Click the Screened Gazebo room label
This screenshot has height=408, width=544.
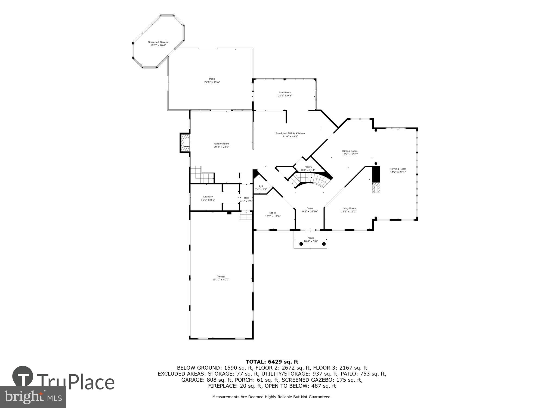click(x=158, y=42)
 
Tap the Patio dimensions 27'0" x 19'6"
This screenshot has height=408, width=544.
click(x=212, y=82)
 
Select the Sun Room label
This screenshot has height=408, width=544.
click(x=285, y=92)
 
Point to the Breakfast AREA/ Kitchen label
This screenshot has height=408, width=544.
click(x=290, y=133)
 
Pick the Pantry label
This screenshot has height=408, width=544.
click(x=308, y=167)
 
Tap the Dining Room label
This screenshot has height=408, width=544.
click(x=350, y=151)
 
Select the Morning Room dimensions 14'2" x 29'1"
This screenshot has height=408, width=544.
click(x=398, y=172)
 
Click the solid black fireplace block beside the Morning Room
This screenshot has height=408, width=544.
click(x=376, y=174)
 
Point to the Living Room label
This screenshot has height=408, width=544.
click(x=349, y=208)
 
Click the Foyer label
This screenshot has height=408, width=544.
click(x=310, y=208)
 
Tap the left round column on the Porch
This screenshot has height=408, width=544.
click(x=301, y=244)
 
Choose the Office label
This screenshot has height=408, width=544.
click(x=273, y=213)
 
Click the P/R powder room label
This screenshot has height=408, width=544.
click(x=261, y=186)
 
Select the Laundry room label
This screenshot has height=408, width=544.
click(x=208, y=197)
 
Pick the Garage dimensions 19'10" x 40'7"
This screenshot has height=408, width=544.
click(x=221, y=280)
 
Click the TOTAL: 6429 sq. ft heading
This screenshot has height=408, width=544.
click(x=272, y=362)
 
